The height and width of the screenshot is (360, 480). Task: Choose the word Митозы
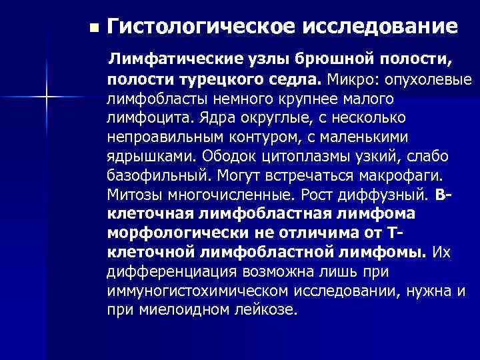135,195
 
